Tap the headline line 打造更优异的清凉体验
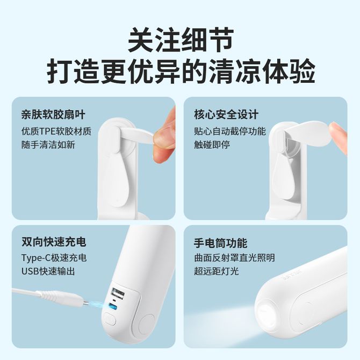[181, 71]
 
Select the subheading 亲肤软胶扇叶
[53, 114]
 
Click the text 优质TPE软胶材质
[56, 131]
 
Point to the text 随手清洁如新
[48, 145]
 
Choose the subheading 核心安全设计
[226, 114]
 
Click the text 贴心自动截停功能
[230, 131]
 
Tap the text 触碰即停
[212, 145]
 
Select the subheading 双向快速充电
[54, 242]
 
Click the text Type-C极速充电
[54, 258]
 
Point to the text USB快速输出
[48, 271]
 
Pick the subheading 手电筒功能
[221, 243]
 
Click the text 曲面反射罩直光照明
[234, 258]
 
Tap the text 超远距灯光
[217, 271]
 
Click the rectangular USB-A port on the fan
[118, 293]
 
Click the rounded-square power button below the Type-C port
[110, 319]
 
